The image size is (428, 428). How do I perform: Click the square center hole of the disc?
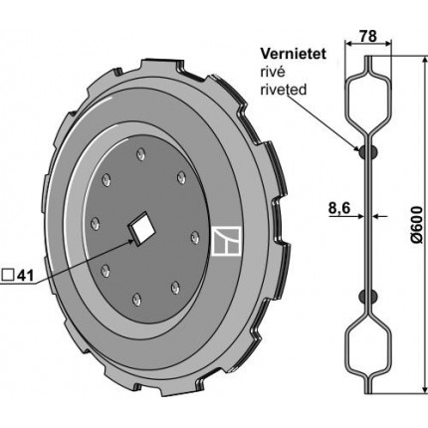142,228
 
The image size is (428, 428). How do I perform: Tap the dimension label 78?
368,36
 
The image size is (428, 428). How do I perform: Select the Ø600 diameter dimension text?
417,225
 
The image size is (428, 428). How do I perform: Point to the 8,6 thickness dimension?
339,208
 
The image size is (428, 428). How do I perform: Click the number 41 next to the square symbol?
25,275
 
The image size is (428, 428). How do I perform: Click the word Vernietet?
294,54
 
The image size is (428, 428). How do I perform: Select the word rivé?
273,72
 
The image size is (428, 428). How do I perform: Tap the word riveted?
284,90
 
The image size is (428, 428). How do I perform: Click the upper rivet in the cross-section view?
368,151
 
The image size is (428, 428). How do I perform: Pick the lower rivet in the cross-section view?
368,296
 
